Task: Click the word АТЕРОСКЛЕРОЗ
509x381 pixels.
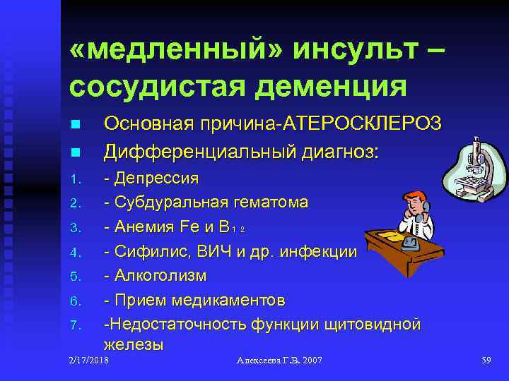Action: pyautogui.click(x=364, y=124)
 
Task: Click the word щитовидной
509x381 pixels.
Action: pyautogui.click(x=375, y=325)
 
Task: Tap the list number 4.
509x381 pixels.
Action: pyautogui.click(x=75, y=252)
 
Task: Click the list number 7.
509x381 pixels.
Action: pyautogui.click(x=75, y=326)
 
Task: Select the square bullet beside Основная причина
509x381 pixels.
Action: pyautogui.click(x=75, y=125)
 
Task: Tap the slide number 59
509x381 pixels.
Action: pyautogui.click(x=486, y=361)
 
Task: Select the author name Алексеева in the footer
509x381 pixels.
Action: pyautogui.click(x=261, y=361)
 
